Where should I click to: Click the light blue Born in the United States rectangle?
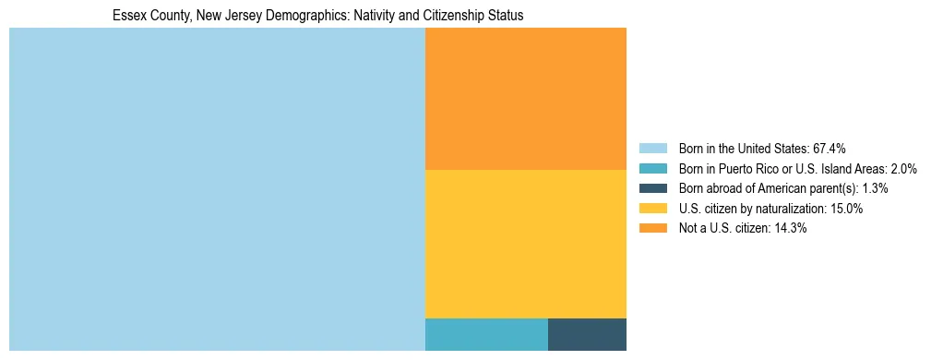(x=217, y=189)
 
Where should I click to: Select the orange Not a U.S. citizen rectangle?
(x=525, y=99)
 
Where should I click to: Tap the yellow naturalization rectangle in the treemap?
(x=525, y=244)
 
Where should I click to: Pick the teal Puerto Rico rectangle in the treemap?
(x=486, y=334)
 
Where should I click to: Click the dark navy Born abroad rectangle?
(x=587, y=334)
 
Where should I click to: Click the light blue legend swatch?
(x=652, y=148)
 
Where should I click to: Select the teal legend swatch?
(x=652, y=168)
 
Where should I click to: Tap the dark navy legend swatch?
(x=652, y=188)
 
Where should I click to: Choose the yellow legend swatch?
(x=652, y=209)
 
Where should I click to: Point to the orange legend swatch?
(x=652, y=229)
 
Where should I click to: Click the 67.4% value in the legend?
(x=828, y=148)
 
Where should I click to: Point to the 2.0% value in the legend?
(x=901, y=168)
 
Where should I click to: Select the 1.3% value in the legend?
(x=872, y=188)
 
